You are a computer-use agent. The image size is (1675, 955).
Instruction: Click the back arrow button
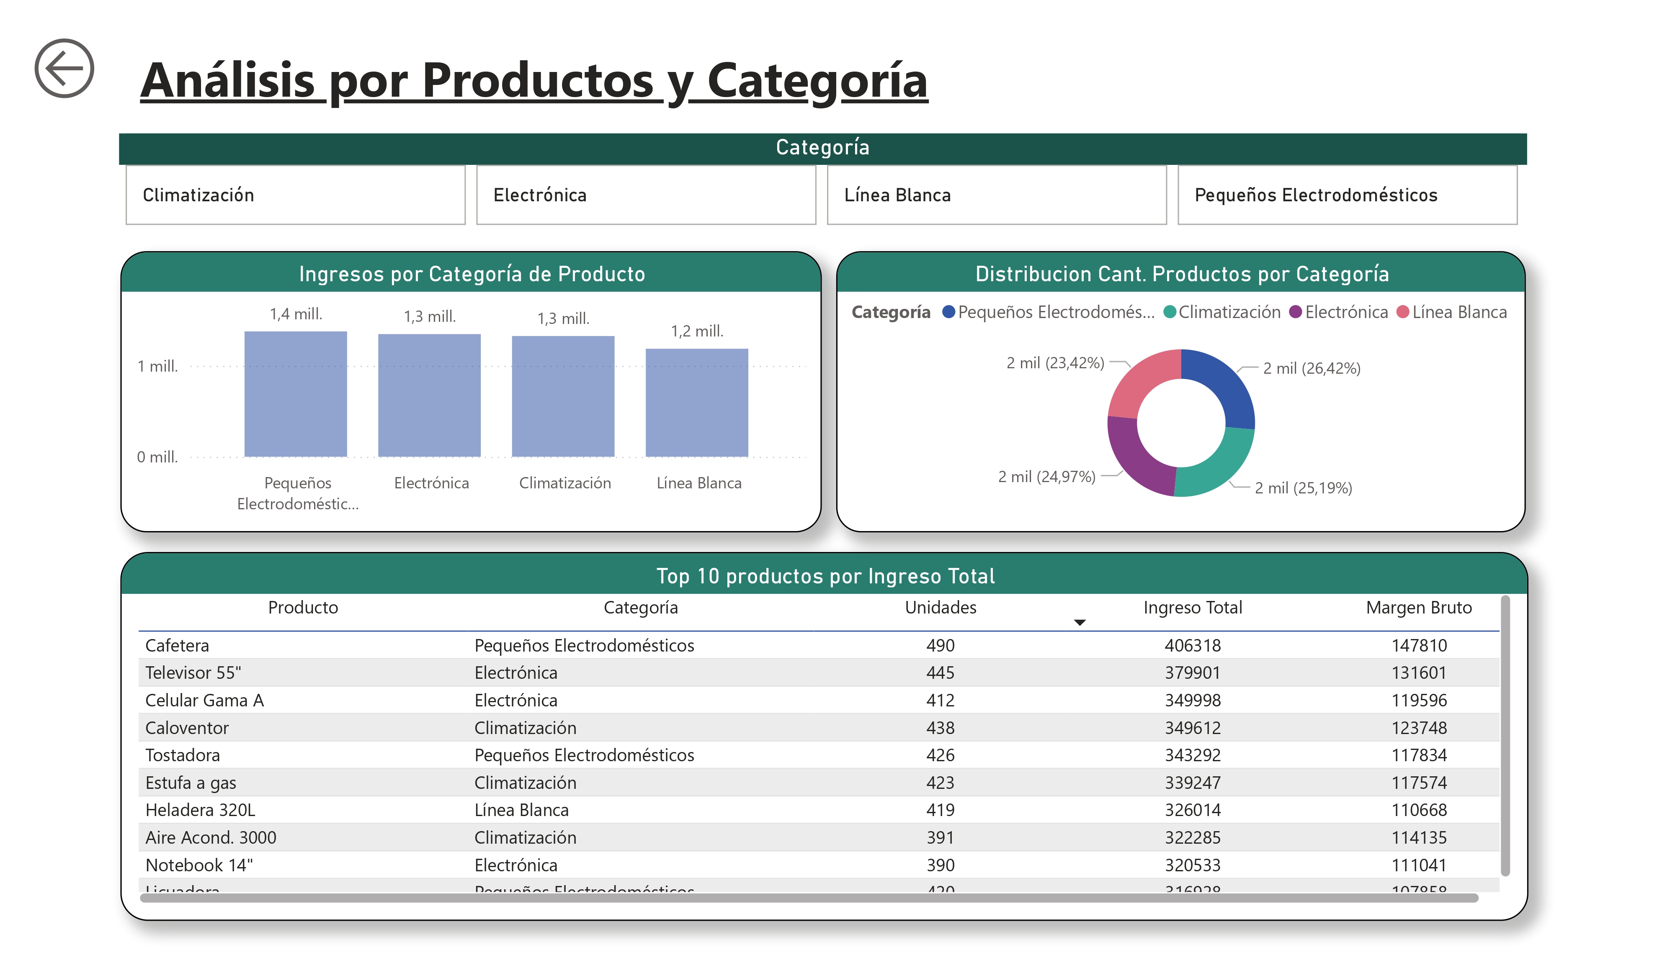pos(64,68)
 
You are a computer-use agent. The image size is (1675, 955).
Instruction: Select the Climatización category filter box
pos(295,195)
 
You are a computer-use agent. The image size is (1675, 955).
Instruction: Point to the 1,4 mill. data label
pos(296,314)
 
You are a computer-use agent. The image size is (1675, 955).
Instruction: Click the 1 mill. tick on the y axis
pos(157,366)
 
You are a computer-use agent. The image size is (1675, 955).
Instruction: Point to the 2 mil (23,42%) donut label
pos(1054,363)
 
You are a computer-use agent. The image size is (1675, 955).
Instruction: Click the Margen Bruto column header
pos(1418,607)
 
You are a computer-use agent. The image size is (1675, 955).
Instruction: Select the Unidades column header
pos(940,607)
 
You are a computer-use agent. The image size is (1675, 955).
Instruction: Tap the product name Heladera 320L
pos(200,810)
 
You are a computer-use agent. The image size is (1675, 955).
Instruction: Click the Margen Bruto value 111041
pos(1418,865)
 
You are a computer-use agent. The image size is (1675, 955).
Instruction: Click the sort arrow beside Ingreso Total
pos(1079,622)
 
